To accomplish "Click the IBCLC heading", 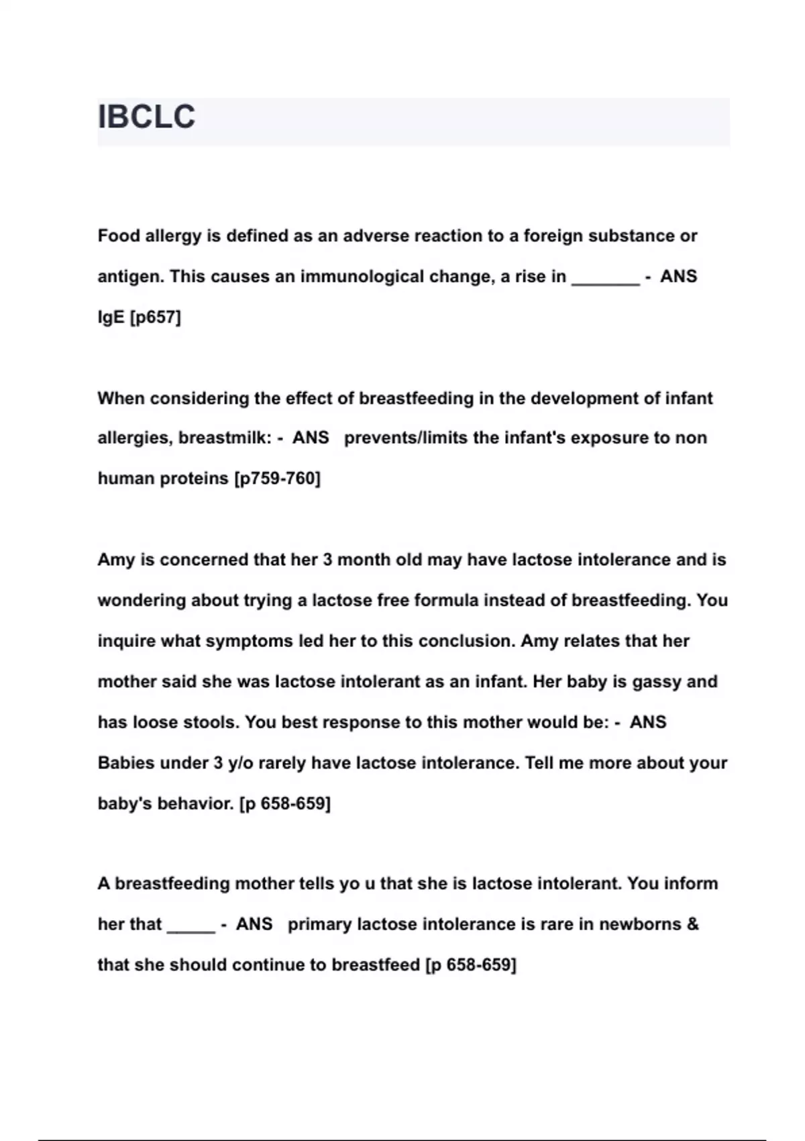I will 146,117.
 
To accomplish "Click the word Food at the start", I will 117,236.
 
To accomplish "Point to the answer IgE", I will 111,317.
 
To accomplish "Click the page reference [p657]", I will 156,317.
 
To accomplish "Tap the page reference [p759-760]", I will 277,479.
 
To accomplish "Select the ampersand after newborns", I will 692,924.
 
